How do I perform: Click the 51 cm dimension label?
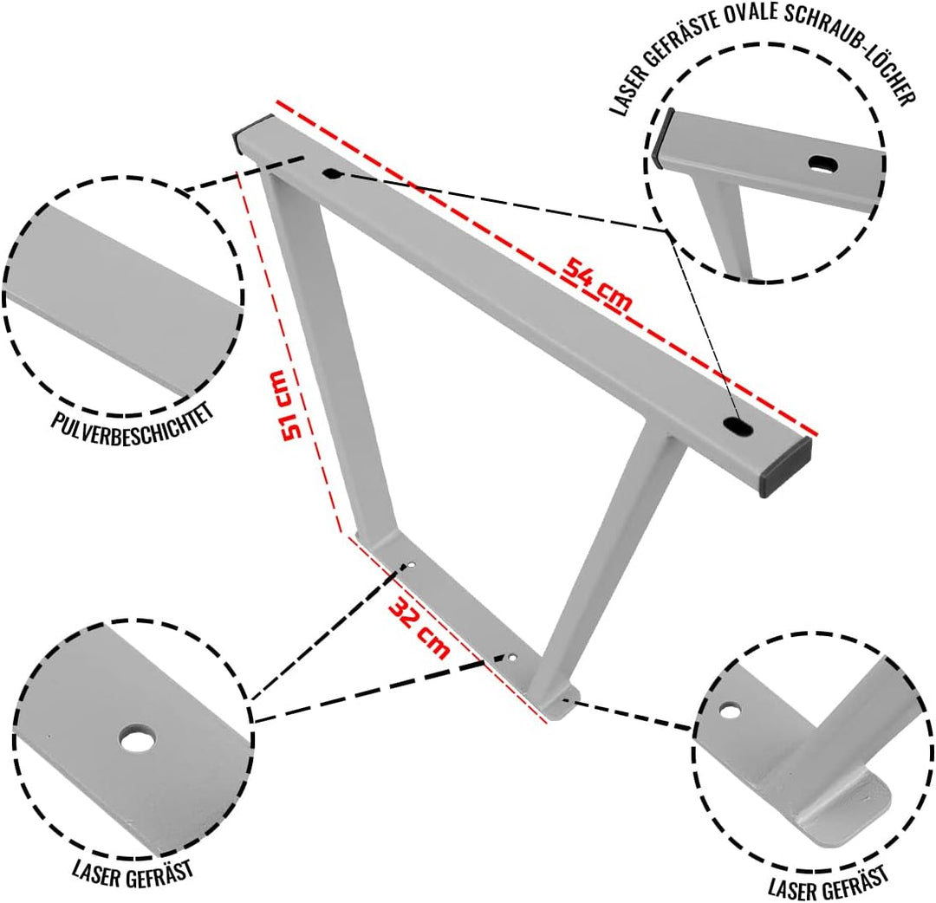coord(285,406)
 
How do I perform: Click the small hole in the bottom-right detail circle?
coord(730,711)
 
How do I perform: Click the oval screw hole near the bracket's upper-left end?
coord(331,173)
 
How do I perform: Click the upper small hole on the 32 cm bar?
coord(412,564)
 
